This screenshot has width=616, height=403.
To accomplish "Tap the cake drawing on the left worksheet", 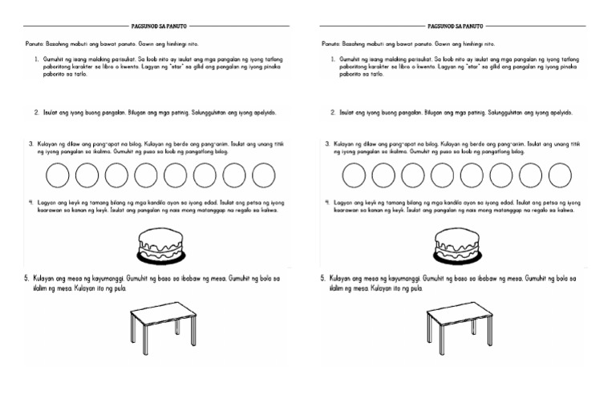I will point(163,242).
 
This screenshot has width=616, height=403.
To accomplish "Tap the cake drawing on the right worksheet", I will point(457,242).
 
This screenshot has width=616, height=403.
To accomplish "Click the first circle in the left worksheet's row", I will point(59,175).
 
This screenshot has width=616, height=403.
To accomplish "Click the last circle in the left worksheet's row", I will point(264,175).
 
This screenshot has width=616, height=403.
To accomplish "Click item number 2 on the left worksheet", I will point(37,113).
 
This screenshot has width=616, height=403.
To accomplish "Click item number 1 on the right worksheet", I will point(333,60).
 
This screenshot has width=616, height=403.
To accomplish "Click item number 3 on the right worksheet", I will point(327,144).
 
